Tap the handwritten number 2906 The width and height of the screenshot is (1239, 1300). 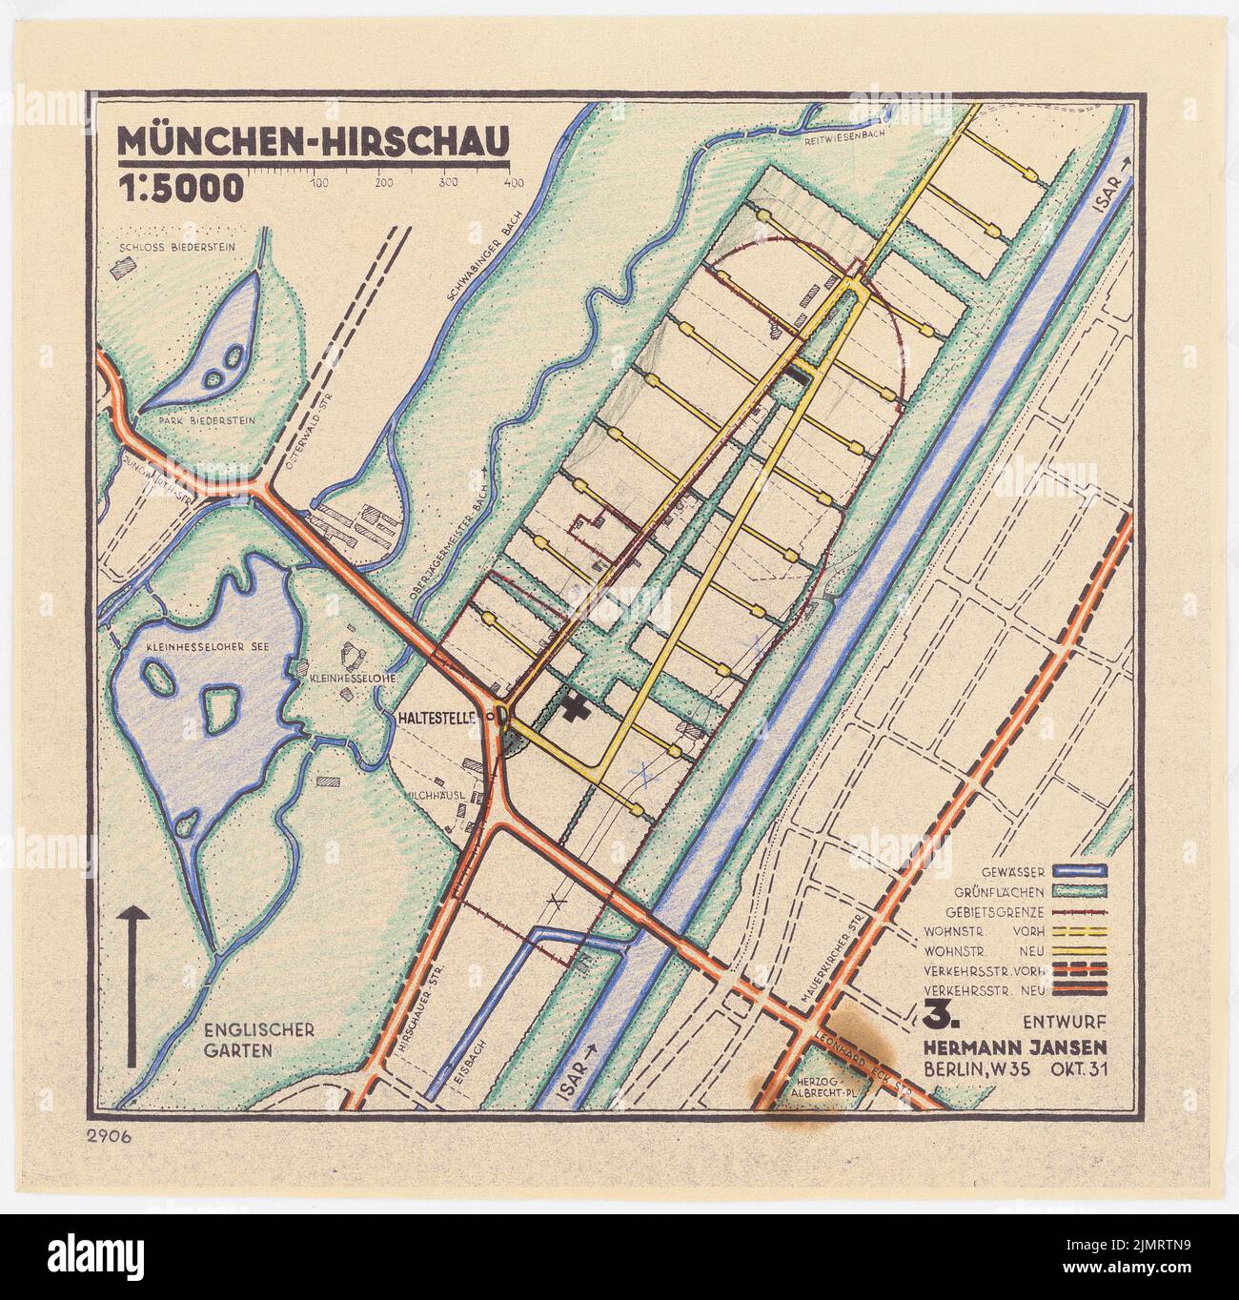[112, 1134]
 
